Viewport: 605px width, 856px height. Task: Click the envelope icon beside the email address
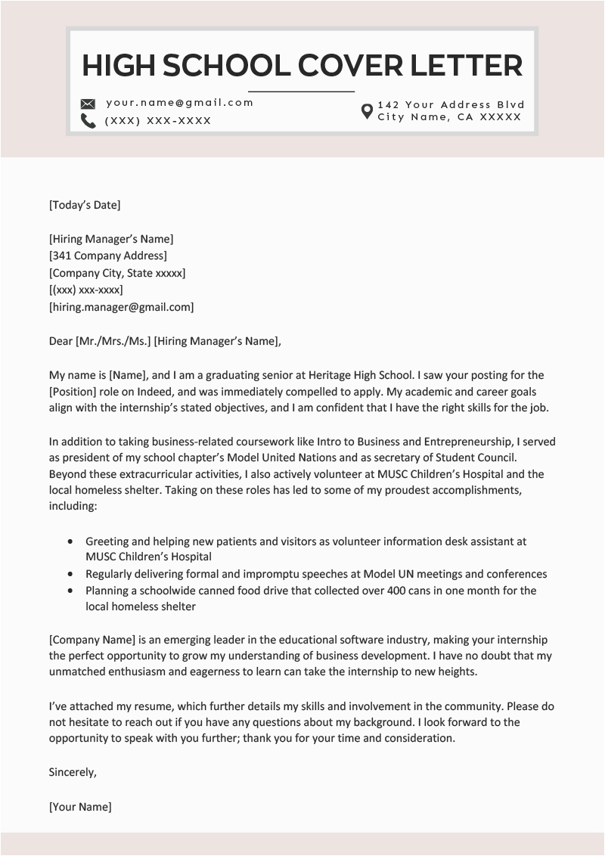click(x=88, y=104)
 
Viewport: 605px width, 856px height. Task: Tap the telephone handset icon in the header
click(x=88, y=121)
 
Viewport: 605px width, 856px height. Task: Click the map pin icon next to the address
click(x=367, y=111)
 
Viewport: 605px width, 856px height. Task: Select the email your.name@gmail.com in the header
click(x=179, y=103)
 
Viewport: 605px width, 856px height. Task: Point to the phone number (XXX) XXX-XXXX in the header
click(x=158, y=121)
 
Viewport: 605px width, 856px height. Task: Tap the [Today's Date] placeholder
click(x=85, y=205)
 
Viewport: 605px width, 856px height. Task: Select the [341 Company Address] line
click(x=108, y=256)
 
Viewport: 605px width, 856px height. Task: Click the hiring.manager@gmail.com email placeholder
click(x=121, y=307)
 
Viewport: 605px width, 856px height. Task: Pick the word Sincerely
click(x=73, y=772)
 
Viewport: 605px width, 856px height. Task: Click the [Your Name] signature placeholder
click(x=80, y=807)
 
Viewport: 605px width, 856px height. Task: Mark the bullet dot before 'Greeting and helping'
click(x=71, y=542)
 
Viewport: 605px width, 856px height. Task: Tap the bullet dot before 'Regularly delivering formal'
click(x=71, y=575)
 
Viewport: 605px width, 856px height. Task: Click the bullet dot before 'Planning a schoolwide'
click(x=71, y=591)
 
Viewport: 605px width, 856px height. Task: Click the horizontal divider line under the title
click(x=301, y=91)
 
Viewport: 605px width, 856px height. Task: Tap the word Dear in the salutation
click(x=60, y=341)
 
